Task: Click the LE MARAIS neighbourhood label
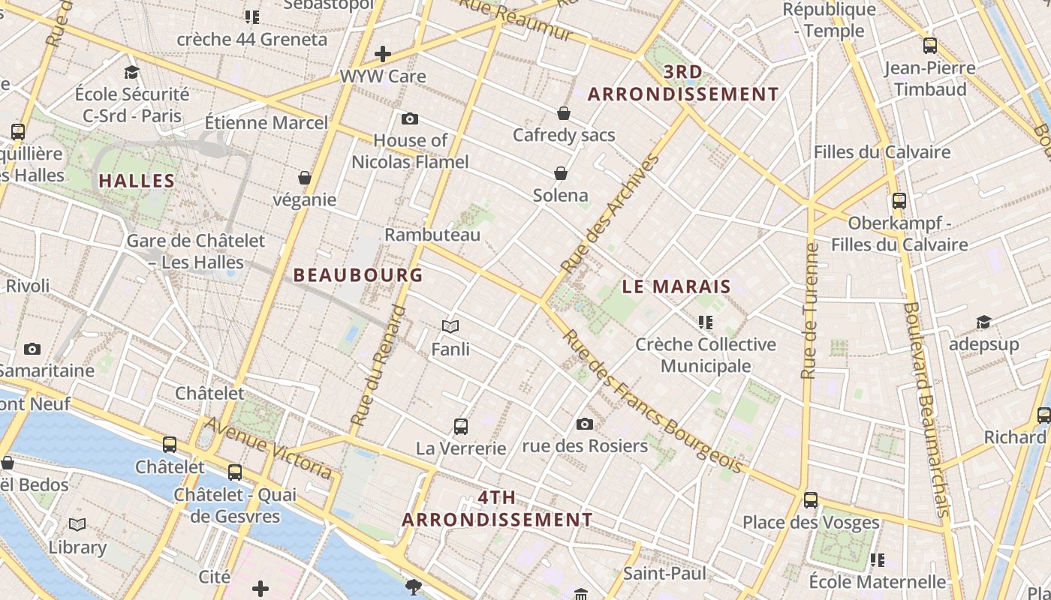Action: click(676, 286)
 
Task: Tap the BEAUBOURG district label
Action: click(358, 275)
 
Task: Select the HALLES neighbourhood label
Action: click(137, 181)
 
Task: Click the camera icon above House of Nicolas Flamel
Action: click(410, 118)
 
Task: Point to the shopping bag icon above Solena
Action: click(561, 173)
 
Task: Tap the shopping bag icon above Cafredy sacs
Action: click(564, 113)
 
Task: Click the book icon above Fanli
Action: click(450, 326)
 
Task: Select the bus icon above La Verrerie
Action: click(461, 427)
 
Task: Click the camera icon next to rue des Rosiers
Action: click(585, 424)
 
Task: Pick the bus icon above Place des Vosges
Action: click(811, 499)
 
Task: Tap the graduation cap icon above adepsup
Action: click(983, 322)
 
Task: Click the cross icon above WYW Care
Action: click(383, 54)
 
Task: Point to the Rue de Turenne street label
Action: click(809, 310)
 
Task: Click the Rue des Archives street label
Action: click(610, 214)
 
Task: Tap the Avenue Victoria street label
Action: click(269, 448)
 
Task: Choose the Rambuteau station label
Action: click(432, 235)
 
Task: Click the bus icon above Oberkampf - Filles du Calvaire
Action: click(899, 201)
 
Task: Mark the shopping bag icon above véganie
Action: click(305, 178)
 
